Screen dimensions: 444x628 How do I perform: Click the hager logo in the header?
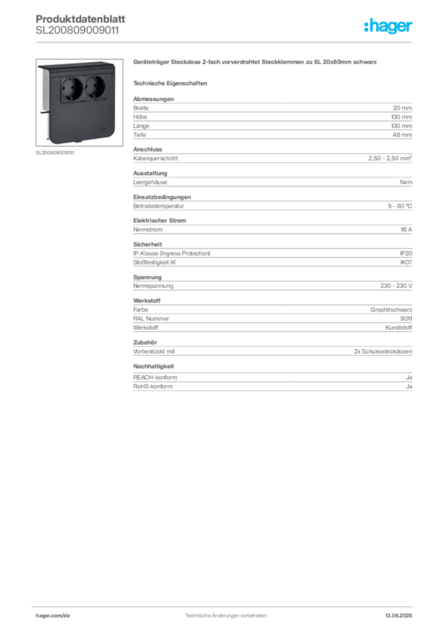tap(388, 26)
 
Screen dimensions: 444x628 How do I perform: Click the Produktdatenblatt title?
tap(80, 19)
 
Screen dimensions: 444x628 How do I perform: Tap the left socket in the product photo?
tap(72, 88)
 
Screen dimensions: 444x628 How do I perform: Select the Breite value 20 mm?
tap(402, 108)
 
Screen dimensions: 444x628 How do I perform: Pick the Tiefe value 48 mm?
tap(402, 134)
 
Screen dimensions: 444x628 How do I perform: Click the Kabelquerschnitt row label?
tap(155, 158)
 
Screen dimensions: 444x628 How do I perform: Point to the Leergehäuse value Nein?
tap(406, 182)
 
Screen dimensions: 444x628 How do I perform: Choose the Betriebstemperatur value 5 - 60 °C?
tap(400, 206)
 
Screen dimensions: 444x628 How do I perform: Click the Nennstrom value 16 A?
tap(407, 229)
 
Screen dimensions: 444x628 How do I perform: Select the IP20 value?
tap(406, 253)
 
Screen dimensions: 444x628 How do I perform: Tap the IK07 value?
tap(406, 262)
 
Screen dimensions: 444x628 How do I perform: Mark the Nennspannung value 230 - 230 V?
tap(396, 286)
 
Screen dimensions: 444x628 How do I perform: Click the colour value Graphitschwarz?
tap(391, 310)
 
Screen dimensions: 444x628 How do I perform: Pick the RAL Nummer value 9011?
tap(406, 318)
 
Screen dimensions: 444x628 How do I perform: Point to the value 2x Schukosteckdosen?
tap(383, 351)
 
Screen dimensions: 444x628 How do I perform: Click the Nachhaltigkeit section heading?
tap(153, 367)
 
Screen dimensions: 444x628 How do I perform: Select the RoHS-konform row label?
tap(153, 386)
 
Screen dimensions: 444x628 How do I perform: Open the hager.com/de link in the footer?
tap(53, 616)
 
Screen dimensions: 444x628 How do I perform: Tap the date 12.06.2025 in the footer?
tap(399, 616)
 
